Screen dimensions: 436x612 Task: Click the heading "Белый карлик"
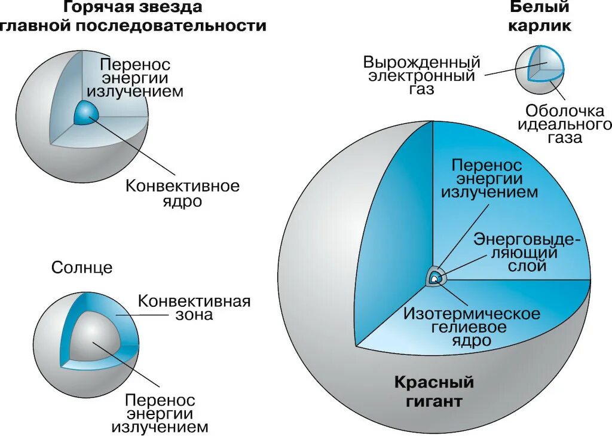point(540,17)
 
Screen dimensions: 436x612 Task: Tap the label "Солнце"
point(82,267)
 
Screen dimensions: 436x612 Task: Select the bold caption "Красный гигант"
point(433,391)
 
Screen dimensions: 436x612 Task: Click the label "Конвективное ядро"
point(182,193)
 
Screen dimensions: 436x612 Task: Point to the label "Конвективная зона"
point(194,307)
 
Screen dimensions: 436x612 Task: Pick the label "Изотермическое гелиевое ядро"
point(472,327)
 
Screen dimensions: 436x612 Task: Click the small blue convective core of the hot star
point(85,112)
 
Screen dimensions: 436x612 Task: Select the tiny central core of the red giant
point(436,278)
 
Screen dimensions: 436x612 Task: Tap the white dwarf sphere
point(540,69)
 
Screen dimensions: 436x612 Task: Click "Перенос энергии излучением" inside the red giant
point(489,178)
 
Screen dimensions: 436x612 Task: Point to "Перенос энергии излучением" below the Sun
point(160,413)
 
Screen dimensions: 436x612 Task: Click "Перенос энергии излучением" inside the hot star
point(134,78)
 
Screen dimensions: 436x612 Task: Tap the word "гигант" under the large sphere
point(434,400)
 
